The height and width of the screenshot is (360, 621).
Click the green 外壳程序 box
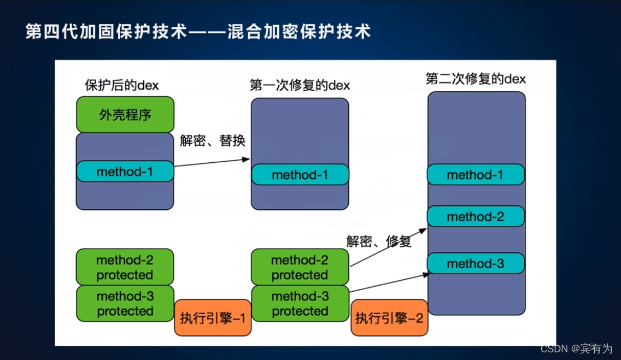click(125, 115)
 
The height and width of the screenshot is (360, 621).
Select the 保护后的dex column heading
click(122, 85)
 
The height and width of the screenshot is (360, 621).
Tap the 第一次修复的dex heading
click(300, 85)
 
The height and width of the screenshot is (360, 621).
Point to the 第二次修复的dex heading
click(476, 79)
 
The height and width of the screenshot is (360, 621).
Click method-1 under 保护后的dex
click(125, 172)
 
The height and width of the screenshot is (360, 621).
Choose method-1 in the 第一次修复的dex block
click(300, 175)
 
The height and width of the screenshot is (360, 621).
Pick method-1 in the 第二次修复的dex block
click(476, 175)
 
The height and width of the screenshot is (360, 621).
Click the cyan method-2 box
click(476, 217)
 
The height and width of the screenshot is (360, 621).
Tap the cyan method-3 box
click(476, 264)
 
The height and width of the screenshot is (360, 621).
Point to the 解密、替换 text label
click(213, 140)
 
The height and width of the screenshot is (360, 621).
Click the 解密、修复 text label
click(379, 241)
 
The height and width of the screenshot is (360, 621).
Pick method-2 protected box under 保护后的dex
click(125, 267)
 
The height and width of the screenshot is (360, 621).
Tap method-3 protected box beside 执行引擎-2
click(300, 304)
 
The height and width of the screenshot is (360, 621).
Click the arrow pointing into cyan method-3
click(388, 283)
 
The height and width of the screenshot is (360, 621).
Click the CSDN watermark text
click(576, 349)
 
